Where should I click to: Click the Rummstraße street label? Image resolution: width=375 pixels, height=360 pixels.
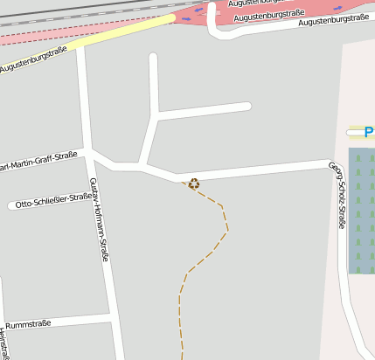pos(28,323)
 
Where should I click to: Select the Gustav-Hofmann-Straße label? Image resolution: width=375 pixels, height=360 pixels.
pos(99,219)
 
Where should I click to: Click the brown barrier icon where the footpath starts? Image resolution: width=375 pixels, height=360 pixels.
pos(194,183)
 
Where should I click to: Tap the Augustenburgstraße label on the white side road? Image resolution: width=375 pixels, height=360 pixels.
pos(333,18)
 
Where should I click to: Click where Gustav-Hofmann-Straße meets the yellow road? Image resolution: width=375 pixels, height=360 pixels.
pos(81,46)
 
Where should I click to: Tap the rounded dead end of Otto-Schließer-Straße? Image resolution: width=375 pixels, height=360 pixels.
pos(13,206)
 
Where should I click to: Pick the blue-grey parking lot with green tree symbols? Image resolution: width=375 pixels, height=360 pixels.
pos(361,210)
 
